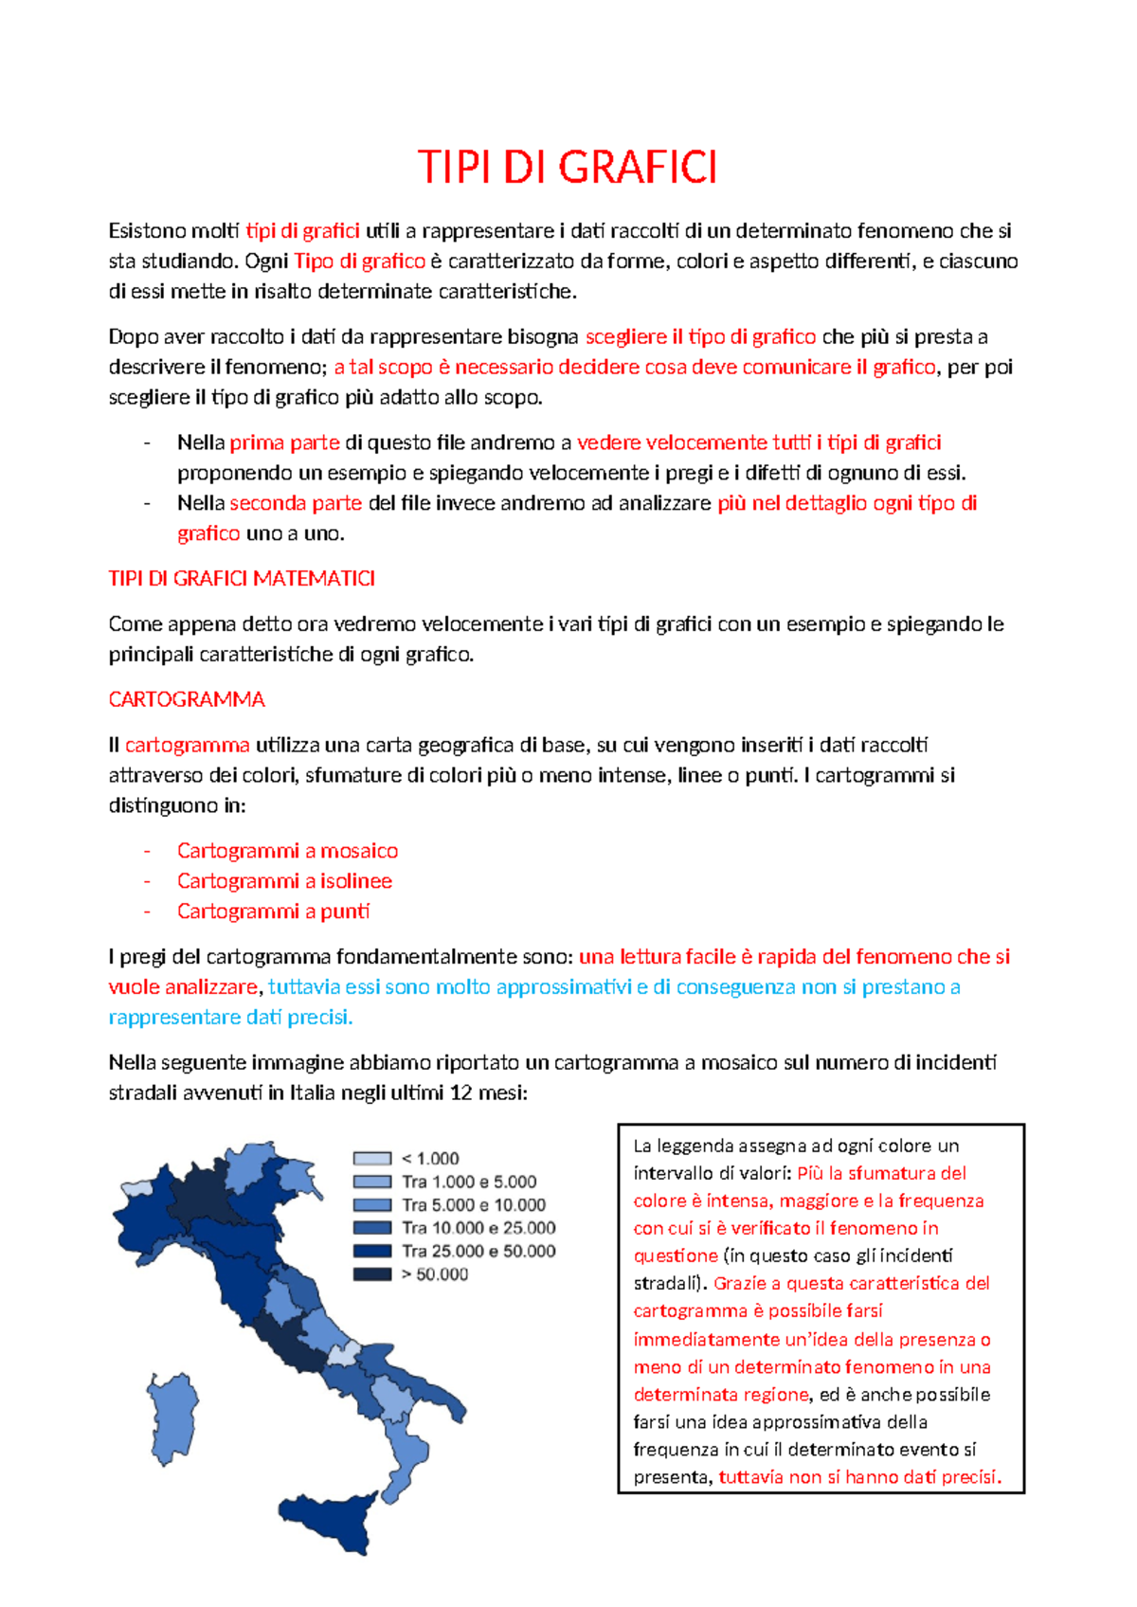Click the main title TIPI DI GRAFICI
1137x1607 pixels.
(x=568, y=168)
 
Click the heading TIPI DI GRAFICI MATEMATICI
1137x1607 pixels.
(x=242, y=578)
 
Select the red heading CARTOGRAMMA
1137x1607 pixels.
(x=187, y=699)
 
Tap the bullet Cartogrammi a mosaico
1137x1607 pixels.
(x=287, y=851)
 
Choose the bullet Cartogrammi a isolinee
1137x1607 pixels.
(x=284, y=881)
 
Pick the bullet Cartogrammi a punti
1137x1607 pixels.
(x=273, y=912)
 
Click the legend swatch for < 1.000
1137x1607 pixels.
(x=371, y=1159)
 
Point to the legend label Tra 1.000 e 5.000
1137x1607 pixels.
(x=469, y=1182)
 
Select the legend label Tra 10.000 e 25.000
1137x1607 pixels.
(x=478, y=1228)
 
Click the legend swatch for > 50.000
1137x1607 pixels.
(x=371, y=1274)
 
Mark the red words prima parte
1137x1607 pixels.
(x=284, y=442)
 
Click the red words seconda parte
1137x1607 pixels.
(x=296, y=503)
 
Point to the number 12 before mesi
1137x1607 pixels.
(x=460, y=1092)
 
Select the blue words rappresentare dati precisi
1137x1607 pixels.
(x=230, y=1017)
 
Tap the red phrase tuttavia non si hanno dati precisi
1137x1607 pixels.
(x=859, y=1476)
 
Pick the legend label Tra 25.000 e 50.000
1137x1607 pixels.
(x=478, y=1251)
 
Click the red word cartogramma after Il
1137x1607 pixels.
(x=188, y=745)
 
